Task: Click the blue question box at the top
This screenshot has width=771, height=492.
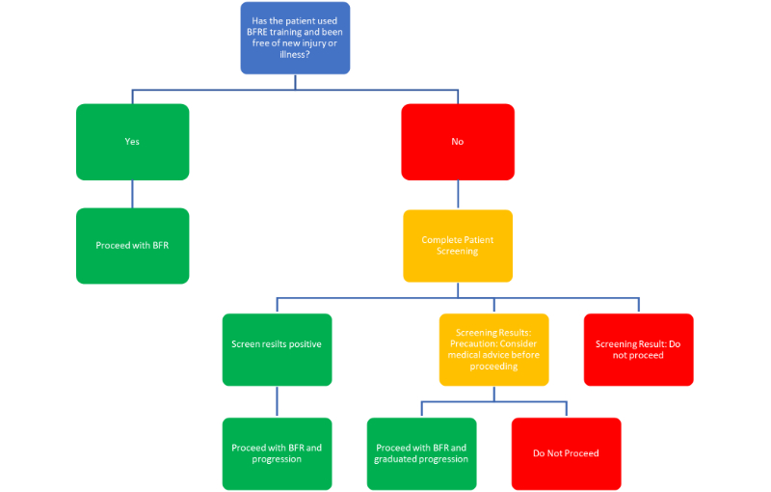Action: (295, 39)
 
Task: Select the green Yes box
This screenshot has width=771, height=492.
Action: (132, 142)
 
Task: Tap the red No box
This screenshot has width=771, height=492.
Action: (457, 142)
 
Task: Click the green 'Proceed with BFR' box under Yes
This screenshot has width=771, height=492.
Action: (132, 246)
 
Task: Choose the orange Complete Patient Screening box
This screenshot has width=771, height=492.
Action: (457, 246)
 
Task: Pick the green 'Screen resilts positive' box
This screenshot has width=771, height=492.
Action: (277, 349)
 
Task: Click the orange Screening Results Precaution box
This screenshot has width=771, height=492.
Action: (493, 349)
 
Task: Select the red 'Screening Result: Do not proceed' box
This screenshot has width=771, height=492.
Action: (637, 349)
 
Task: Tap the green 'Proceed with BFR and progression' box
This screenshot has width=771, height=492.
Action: (277, 453)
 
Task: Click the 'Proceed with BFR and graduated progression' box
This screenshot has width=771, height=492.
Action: (421, 453)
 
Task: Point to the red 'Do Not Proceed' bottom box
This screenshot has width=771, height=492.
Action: (566, 453)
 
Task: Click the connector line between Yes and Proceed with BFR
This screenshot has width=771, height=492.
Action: (132, 194)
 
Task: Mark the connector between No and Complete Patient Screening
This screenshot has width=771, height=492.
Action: (457, 195)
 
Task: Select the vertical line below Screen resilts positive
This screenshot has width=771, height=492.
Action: (277, 401)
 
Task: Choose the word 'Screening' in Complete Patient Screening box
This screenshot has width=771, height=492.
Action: (457, 252)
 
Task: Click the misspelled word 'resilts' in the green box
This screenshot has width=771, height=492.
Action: (277, 344)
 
